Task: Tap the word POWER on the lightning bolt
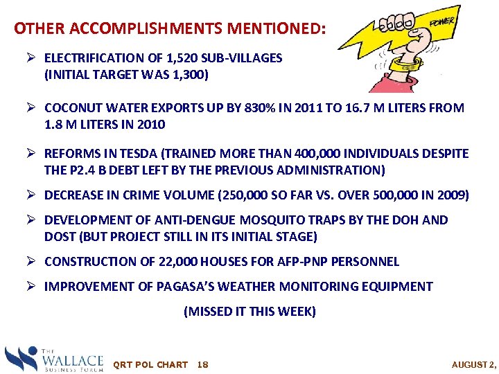(441, 23)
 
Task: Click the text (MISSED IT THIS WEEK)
(249, 312)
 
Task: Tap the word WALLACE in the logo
(73, 359)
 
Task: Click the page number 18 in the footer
(203, 364)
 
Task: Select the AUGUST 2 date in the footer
(474, 364)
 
